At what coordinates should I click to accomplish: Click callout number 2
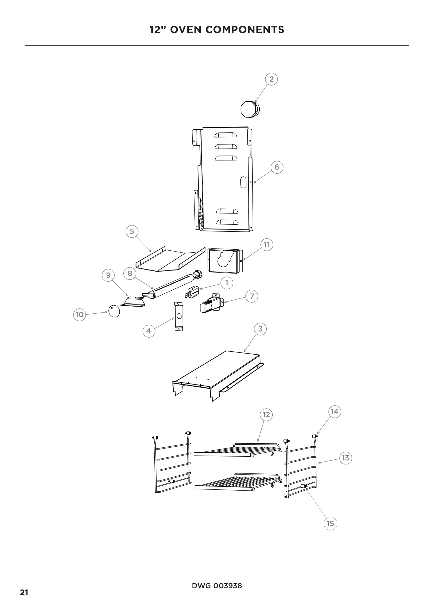click(271, 79)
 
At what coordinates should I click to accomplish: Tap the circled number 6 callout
click(277, 167)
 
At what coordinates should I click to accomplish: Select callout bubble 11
click(267, 245)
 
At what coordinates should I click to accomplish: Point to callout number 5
click(132, 231)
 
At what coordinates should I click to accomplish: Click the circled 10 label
click(79, 315)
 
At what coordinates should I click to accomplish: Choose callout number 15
click(330, 523)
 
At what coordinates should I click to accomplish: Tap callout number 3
click(260, 329)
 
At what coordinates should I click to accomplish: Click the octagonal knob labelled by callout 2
click(250, 109)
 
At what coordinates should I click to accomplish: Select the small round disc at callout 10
click(114, 311)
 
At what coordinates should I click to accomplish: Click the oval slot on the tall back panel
click(243, 182)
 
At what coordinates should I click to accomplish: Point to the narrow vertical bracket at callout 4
click(178, 317)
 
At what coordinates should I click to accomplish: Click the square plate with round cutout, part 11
click(225, 260)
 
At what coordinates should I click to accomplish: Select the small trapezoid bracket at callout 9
click(133, 302)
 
